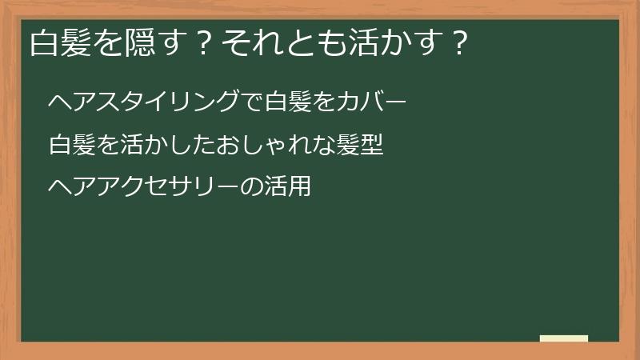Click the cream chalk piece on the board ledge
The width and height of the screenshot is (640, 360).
pos(563,338)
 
